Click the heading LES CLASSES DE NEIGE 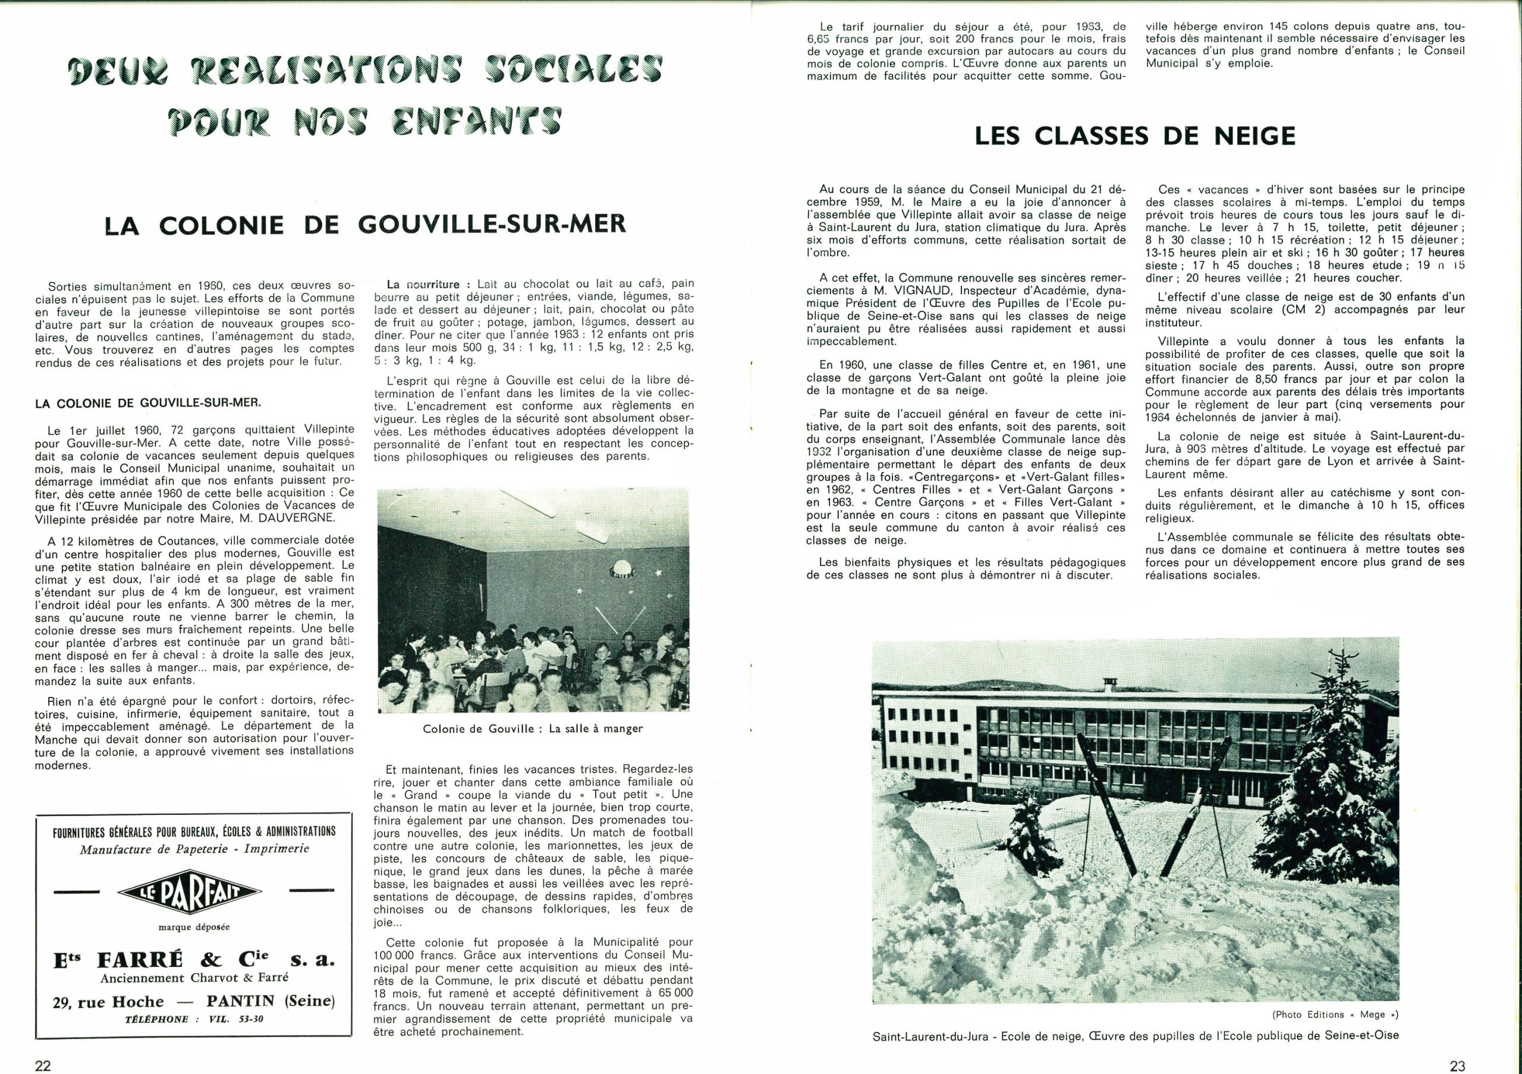click(x=1135, y=136)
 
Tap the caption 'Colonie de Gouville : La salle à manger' click(x=532, y=729)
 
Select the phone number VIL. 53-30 click(x=236, y=1019)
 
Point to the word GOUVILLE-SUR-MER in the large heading click(x=492, y=225)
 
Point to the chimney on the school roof click(x=1109, y=685)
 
